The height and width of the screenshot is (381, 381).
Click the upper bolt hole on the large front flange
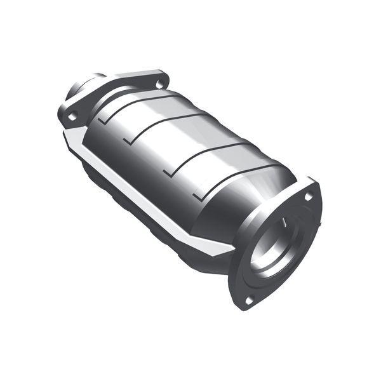tap(309, 197)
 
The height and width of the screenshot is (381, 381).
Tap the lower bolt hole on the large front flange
tap(249, 298)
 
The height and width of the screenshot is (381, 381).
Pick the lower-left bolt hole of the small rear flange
tap(73, 116)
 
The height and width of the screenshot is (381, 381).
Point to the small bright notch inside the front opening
tap(285, 224)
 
